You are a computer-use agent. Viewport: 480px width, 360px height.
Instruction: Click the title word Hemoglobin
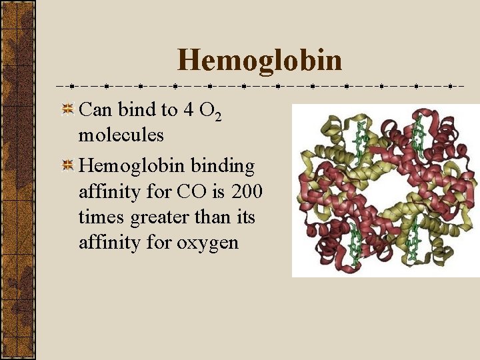259,60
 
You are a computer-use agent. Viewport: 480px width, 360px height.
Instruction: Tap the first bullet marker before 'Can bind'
67,110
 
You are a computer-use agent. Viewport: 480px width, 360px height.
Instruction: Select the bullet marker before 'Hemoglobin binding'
67,165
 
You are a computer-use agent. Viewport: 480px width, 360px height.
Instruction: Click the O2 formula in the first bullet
209,111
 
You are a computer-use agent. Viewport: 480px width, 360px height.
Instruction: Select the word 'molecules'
121,135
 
